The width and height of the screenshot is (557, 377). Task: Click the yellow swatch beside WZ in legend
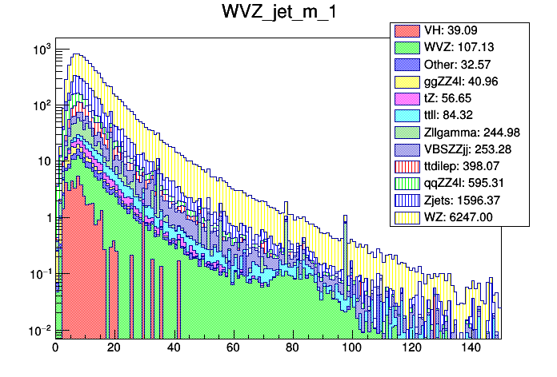[x=407, y=216]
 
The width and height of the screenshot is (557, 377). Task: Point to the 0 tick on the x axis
[x=55, y=348]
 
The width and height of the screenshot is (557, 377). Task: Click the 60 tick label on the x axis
[x=233, y=348]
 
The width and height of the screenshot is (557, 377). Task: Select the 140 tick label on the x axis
[x=470, y=348]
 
